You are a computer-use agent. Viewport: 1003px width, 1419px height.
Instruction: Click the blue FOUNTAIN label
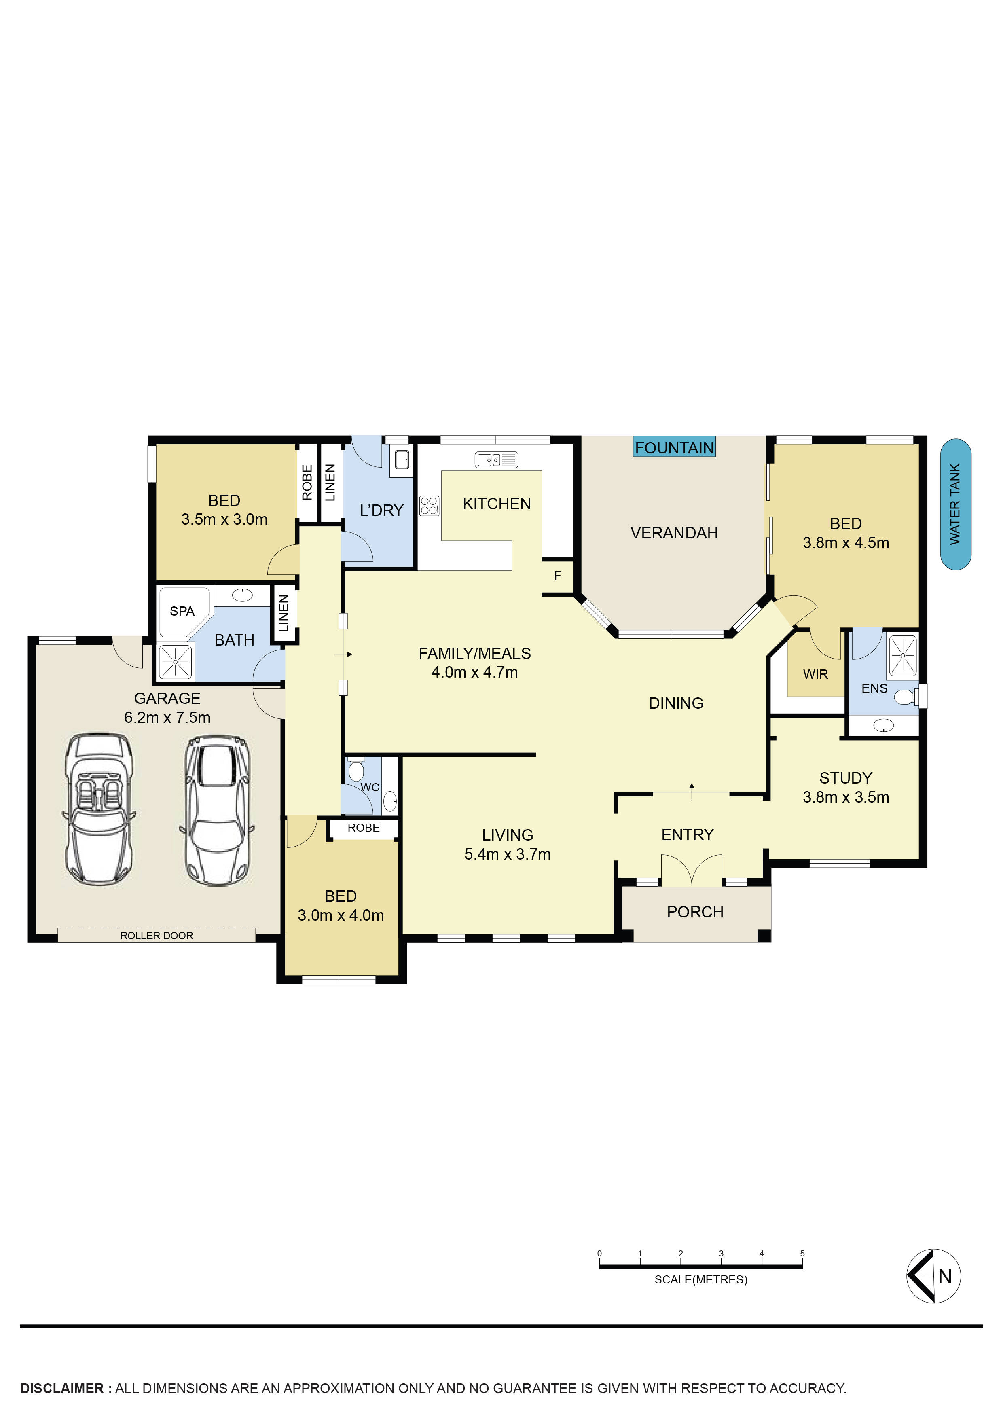coord(674,447)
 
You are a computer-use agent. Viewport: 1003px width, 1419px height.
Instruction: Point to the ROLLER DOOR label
coord(157,936)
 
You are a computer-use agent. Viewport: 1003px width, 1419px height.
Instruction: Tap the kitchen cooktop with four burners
coord(429,506)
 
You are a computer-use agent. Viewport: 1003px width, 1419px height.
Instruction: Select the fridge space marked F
coord(557,576)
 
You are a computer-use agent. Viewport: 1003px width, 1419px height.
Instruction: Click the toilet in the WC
coord(355,770)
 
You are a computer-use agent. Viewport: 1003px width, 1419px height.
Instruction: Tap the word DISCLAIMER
coord(62,1388)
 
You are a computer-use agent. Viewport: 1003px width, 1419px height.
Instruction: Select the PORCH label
coord(695,912)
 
